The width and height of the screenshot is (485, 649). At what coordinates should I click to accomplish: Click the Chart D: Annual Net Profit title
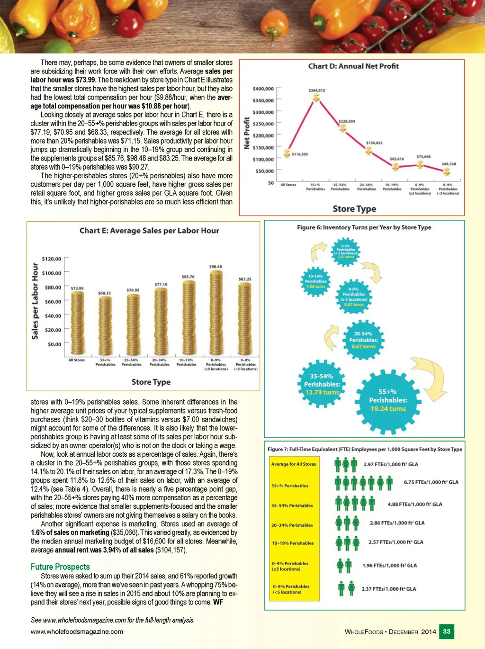(x=353, y=66)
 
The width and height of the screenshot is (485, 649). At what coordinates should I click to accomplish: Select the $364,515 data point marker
(x=316, y=98)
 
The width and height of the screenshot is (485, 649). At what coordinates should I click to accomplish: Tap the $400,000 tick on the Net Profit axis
(x=263, y=89)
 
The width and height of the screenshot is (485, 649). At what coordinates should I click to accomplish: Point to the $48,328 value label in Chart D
(x=449, y=164)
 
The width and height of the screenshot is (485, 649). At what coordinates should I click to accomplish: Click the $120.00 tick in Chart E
(x=51, y=259)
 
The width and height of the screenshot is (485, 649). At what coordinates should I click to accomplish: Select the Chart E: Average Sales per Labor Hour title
(x=149, y=231)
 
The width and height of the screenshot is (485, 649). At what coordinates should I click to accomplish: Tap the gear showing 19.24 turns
(x=388, y=400)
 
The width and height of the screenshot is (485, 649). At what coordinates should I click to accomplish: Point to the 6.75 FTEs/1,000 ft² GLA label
(x=431, y=482)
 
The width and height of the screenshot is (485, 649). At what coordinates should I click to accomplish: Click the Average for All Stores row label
(x=293, y=464)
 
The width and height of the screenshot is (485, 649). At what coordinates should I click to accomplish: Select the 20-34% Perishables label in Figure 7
(x=292, y=525)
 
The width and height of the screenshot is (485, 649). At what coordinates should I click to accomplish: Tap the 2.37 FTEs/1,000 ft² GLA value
(x=388, y=589)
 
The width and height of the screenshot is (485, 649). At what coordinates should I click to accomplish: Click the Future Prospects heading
(x=60, y=567)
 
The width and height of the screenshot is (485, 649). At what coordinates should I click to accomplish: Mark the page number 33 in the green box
(x=447, y=631)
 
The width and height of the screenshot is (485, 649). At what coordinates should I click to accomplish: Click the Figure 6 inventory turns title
(x=364, y=227)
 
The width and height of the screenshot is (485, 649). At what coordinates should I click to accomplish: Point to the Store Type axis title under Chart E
(x=151, y=382)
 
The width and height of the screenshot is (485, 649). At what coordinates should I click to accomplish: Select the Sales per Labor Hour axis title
(x=35, y=301)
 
